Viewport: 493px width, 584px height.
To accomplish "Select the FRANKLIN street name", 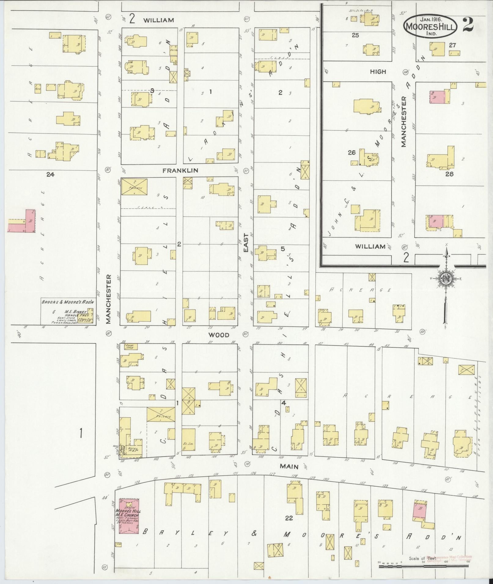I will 180,170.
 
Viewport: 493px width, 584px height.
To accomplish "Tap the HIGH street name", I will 378,71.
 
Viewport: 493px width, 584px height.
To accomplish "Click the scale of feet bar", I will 423,567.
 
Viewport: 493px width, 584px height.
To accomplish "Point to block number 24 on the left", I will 50,175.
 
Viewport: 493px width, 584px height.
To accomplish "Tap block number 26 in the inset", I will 352,153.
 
